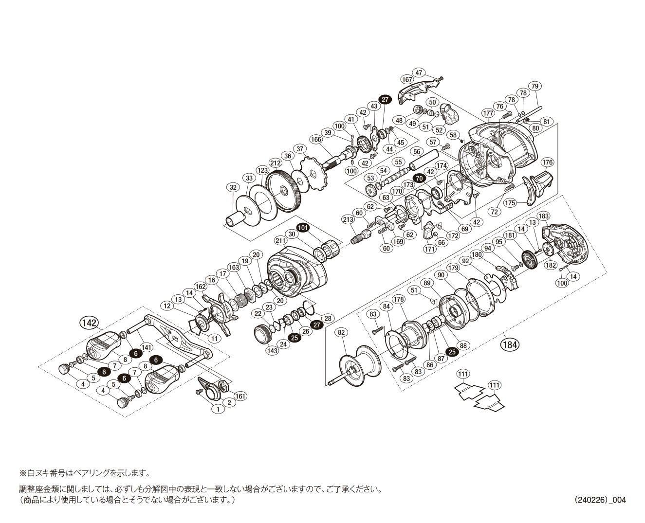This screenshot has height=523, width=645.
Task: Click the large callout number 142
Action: pyautogui.click(x=90, y=323)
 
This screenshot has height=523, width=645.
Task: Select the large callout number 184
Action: pyautogui.click(x=510, y=344)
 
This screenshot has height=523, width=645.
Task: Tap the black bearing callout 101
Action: pyautogui.click(x=303, y=227)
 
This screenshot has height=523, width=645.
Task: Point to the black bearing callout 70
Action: pyautogui.click(x=419, y=179)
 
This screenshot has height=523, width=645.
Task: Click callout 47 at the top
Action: pyautogui.click(x=419, y=73)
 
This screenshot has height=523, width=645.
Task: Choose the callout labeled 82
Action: pyautogui.click(x=341, y=332)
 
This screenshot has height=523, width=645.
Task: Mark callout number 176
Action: pyautogui.click(x=547, y=162)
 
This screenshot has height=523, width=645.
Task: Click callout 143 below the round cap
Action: pyautogui.click(x=272, y=350)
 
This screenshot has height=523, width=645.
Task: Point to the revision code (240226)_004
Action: pyautogui.click(x=600, y=500)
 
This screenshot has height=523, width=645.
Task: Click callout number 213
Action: pyautogui.click(x=348, y=219)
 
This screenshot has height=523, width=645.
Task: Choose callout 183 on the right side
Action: pyautogui.click(x=543, y=216)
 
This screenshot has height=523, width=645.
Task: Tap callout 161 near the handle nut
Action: pyautogui.click(x=240, y=396)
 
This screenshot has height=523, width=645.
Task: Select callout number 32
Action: pyautogui.click(x=233, y=187)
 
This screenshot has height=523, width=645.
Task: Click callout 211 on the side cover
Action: pyautogui.click(x=280, y=240)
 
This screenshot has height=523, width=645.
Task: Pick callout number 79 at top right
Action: pyautogui.click(x=534, y=86)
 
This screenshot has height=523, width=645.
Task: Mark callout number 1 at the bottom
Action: pyautogui.click(x=218, y=409)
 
